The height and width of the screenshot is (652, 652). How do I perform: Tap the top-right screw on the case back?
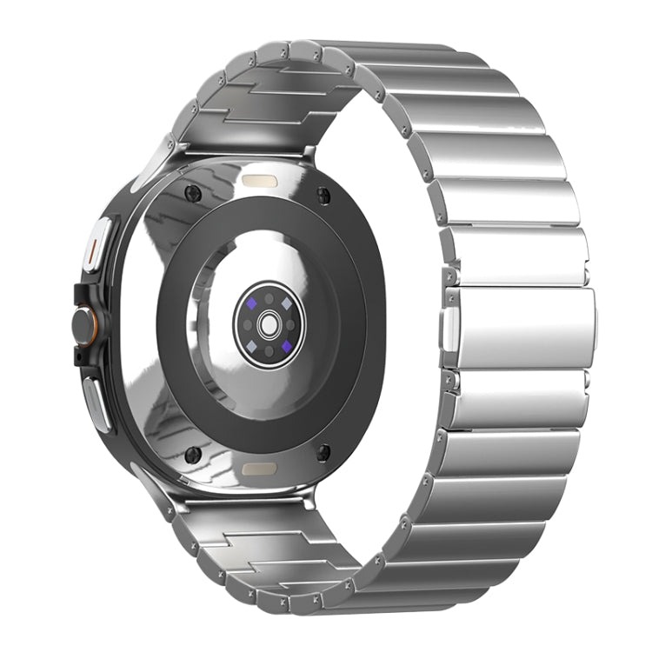click(323, 194)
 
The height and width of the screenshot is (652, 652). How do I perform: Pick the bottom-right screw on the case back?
click(323, 452)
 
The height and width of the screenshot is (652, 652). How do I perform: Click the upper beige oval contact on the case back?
click(259, 182)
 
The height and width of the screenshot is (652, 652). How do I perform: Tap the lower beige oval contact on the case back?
click(259, 469)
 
